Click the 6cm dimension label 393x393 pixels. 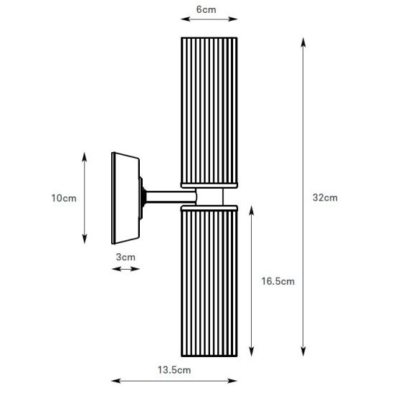click(x=206, y=9)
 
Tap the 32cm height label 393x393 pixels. click(x=325, y=197)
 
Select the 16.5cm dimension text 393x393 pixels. click(x=278, y=281)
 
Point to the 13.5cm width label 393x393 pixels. click(x=174, y=370)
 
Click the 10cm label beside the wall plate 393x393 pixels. click(x=64, y=198)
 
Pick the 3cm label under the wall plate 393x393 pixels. click(x=126, y=257)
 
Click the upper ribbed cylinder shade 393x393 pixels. click(x=209, y=110)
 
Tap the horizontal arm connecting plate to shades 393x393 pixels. click(x=171, y=196)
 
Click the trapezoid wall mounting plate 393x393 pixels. click(x=126, y=198)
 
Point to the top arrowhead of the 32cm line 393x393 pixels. click(x=303, y=42)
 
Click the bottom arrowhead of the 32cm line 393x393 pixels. click(x=303, y=352)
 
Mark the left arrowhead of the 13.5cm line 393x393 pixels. click(x=115, y=381)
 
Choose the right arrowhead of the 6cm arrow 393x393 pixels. click(x=233, y=19)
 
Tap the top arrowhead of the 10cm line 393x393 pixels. click(x=85, y=156)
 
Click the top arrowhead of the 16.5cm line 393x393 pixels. click(x=252, y=211)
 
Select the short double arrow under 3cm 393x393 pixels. click(x=126, y=269)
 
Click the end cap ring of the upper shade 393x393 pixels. click(x=209, y=186)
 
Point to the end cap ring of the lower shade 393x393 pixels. click(x=209, y=208)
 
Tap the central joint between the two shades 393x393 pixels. click(x=209, y=196)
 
